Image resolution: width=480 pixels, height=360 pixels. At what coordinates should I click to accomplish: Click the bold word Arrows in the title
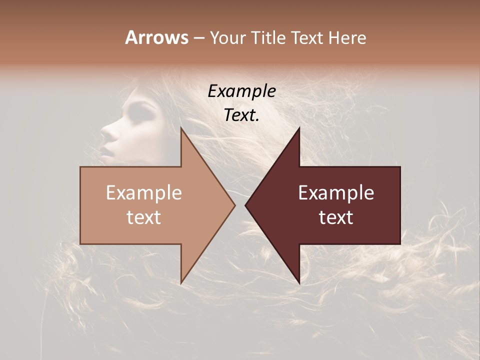(156, 37)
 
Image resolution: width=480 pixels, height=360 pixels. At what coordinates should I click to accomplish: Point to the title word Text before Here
(307, 37)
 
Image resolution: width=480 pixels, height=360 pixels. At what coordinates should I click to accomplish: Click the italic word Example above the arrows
(242, 92)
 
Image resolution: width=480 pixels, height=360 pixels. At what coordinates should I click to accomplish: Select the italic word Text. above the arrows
(242, 115)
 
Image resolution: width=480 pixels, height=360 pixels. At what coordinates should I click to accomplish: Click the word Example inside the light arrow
(144, 193)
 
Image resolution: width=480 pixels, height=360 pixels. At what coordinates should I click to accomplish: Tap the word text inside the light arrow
(144, 217)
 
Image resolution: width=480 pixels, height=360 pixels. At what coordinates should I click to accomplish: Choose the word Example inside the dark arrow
(336, 193)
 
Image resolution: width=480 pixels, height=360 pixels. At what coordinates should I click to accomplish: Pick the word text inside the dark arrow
(336, 217)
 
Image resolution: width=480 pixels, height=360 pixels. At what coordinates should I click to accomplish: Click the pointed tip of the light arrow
(234, 205)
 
